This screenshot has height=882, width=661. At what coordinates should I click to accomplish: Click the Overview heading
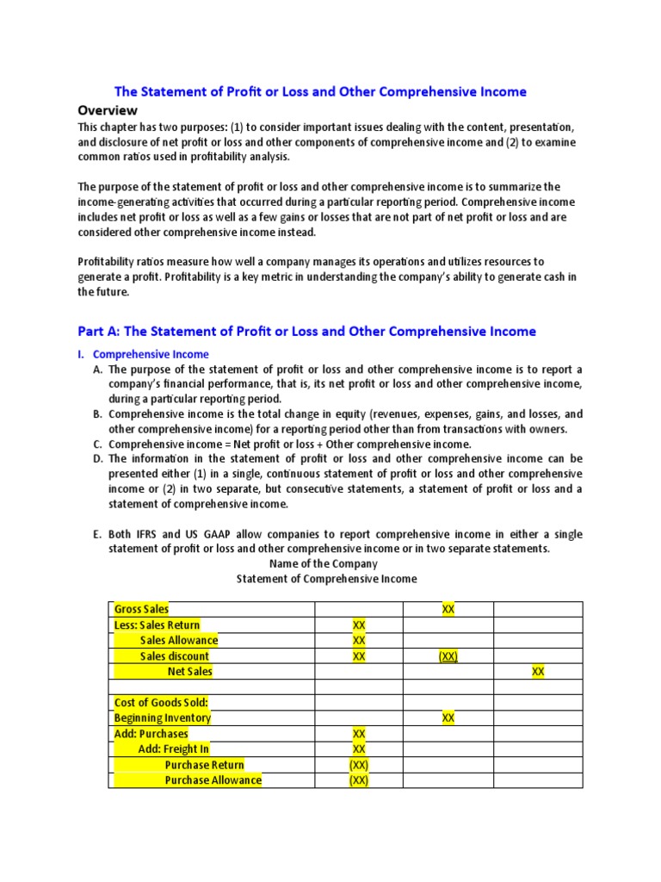[108, 110]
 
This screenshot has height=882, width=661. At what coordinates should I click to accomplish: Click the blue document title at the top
[321, 91]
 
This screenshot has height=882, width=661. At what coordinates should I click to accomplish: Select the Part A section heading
[306, 331]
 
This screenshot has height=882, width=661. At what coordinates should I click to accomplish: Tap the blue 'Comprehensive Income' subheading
[151, 354]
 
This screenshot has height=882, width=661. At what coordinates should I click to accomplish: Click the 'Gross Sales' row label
[141, 609]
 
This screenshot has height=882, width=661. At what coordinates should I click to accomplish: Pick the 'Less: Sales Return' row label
[157, 624]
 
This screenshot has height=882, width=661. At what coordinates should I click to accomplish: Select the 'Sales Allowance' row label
[179, 640]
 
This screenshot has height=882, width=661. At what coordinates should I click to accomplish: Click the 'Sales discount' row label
[175, 655]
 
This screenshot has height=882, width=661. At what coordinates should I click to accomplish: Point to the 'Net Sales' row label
[189, 671]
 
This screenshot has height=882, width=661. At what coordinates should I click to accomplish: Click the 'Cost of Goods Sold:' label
[161, 702]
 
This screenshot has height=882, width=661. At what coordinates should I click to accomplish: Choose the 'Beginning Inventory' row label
[162, 717]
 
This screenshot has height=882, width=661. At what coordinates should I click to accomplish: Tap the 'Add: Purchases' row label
[151, 733]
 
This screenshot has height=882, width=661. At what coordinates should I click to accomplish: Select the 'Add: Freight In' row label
[173, 748]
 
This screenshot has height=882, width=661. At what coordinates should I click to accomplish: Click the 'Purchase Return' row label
[204, 764]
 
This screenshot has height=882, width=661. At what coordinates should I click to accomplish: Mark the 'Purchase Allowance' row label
[213, 780]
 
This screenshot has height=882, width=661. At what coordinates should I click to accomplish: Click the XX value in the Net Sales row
[538, 671]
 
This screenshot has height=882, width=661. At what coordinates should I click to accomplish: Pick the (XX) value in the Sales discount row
[448, 655]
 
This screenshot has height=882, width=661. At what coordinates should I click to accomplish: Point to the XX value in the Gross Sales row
[448, 609]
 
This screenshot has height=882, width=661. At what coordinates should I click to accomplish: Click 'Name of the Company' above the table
[324, 563]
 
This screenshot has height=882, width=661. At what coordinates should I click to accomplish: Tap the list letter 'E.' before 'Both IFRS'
[97, 534]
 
